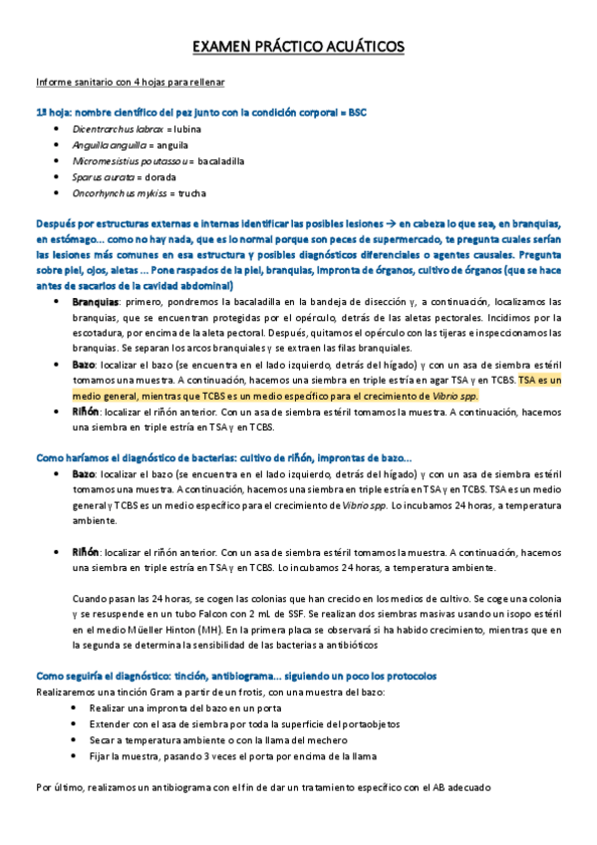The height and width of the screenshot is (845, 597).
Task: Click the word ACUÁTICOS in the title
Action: coord(355,47)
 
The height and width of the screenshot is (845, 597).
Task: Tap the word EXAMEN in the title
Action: coord(221,47)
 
